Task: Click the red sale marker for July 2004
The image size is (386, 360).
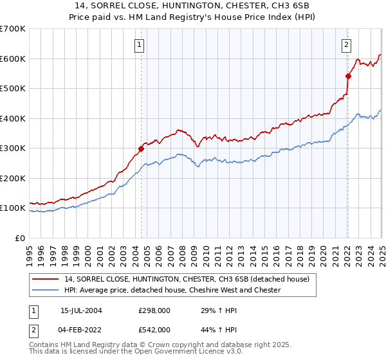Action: [x=141, y=148]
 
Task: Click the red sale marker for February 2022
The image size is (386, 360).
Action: [x=347, y=76]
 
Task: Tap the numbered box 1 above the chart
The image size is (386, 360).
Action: [x=140, y=44]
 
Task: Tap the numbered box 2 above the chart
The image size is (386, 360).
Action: [x=346, y=44]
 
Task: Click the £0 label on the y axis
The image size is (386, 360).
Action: [x=20, y=238]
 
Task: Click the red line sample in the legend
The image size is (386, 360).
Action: [x=46, y=279]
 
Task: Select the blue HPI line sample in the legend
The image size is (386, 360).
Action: [x=46, y=290]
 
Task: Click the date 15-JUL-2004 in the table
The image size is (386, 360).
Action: [x=82, y=310]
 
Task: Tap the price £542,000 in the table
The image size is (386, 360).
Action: [x=154, y=329]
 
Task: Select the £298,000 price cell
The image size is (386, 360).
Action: [x=154, y=310]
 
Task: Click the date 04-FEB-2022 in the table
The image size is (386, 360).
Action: [x=82, y=329]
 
